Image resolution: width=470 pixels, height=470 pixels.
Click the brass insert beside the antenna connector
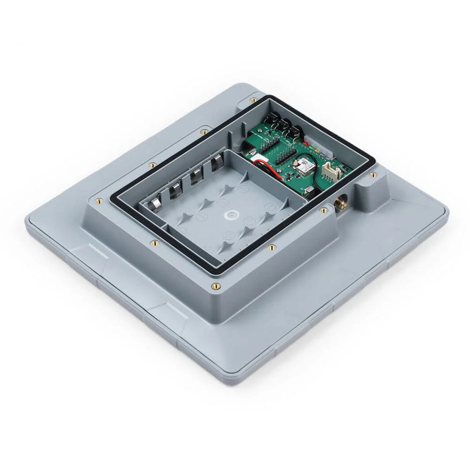pyautogui.click(x=323, y=210)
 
